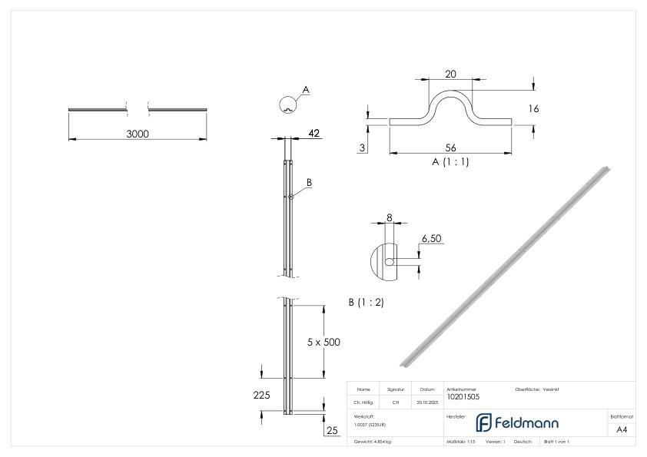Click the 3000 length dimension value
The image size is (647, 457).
click(x=138, y=134)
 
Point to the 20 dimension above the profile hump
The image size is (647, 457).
click(x=450, y=73)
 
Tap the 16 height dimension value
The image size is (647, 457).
click(x=533, y=109)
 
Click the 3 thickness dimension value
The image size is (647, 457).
click(x=361, y=146)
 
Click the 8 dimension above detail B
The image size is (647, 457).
click(x=389, y=218)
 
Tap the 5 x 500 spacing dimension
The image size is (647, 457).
click(x=323, y=342)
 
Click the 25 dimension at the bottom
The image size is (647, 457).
click(x=332, y=431)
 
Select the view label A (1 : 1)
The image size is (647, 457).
click(x=450, y=162)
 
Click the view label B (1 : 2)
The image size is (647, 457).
click(x=366, y=303)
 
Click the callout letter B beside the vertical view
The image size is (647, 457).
click(x=309, y=182)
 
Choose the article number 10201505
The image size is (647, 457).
click(x=465, y=396)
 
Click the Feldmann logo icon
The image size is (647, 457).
click(x=485, y=422)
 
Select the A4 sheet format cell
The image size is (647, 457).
click(x=622, y=430)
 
